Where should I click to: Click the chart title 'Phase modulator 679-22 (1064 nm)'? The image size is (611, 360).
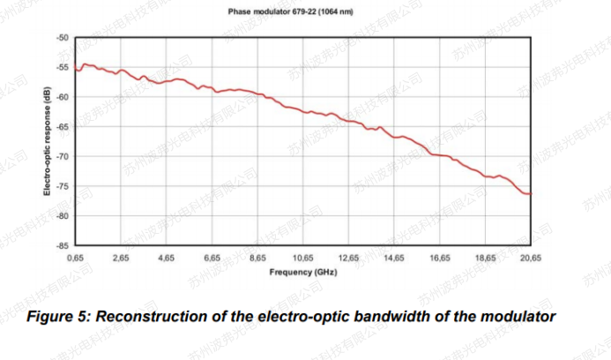pos(305,11)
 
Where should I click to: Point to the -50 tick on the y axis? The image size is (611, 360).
pos(61,39)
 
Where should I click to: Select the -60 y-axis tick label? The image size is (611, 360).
pos(61,97)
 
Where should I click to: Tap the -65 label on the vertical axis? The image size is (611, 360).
pos(61,127)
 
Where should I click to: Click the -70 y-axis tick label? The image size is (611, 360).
pos(61,157)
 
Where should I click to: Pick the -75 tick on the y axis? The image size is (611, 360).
pos(61,187)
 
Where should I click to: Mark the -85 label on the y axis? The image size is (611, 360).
pos(61,246)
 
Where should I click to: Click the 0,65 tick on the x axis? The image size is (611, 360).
pos(76,259)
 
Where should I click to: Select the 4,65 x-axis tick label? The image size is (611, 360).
pos(167,259)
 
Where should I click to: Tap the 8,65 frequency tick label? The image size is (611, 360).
pos(257,259)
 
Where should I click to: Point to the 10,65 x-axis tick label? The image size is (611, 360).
pos(302,259)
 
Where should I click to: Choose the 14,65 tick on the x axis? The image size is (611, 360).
pos(394,259)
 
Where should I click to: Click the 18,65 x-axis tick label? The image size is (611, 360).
pos(485,259)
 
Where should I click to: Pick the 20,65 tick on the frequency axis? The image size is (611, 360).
pos(530,259)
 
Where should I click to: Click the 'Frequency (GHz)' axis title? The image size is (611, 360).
pos(303,272)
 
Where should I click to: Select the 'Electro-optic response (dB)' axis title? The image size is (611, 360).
pos(47,142)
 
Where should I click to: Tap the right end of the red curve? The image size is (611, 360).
pos(531,194)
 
